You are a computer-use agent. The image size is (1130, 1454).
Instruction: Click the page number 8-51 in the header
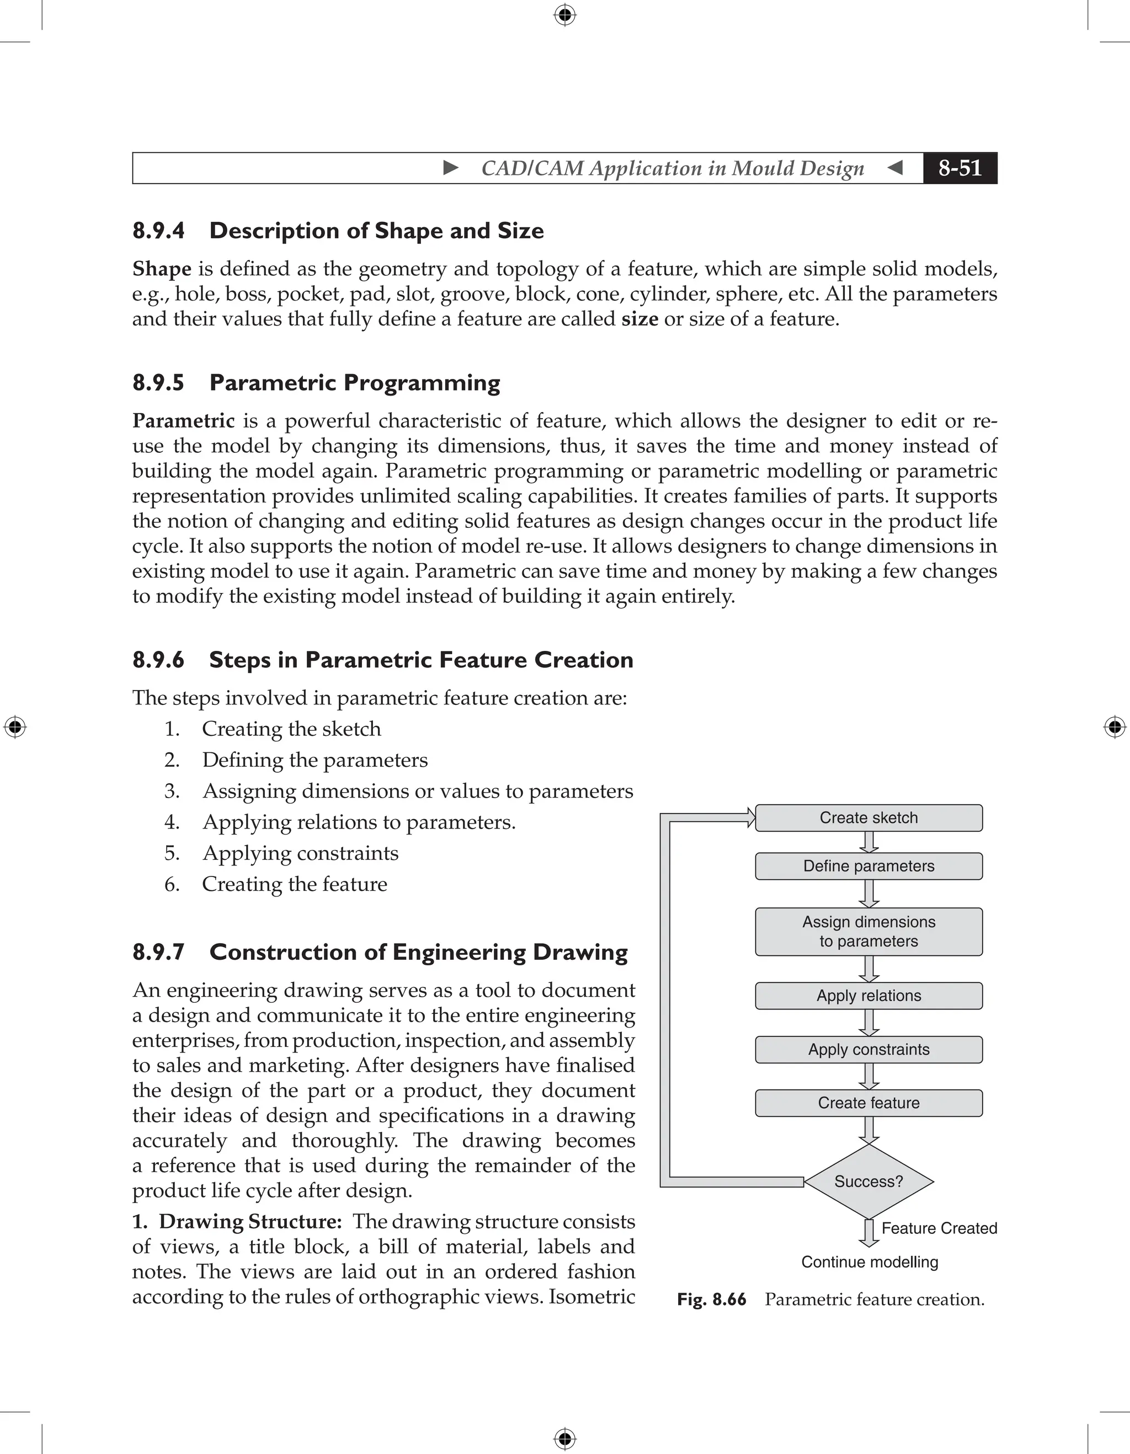pyautogui.click(x=960, y=168)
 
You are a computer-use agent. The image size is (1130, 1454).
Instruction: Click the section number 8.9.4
pyautogui.click(x=158, y=231)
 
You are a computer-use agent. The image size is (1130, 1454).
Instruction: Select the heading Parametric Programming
pyautogui.click(x=354, y=383)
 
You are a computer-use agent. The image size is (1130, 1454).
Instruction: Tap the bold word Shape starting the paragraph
pyautogui.click(x=162, y=269)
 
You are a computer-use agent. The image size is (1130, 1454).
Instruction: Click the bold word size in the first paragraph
pyautogui.click(x=639, y=319)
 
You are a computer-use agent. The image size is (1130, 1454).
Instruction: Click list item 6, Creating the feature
pyautogui.click(x=294, y=884)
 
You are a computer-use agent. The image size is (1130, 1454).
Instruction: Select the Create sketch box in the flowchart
pyautogui.click(x=868, y=817)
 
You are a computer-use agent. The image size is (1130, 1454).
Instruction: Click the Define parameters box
pyautogui.click(x=868, y=866)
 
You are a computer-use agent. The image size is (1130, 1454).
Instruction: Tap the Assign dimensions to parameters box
pyautogui.click(x=868, y=932)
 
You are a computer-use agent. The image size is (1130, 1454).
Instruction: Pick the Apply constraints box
pyautogui.click(x=868, y=1049)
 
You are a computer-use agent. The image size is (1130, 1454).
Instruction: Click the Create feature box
pyautogui.click(x=868, y=1103)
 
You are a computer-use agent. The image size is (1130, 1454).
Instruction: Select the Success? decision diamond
pyautogui.click(x=868, y=1181)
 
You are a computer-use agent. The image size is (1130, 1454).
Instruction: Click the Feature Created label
pyautogui.click(x=939, y=1228)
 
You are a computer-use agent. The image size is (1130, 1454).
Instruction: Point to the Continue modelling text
pyautogui.click(x=870, y=1262)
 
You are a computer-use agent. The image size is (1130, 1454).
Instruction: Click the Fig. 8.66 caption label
pyautogui.click(x=711, y=1300)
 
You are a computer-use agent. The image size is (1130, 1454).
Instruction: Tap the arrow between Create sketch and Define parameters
pyautogui.click(x=868, y=842)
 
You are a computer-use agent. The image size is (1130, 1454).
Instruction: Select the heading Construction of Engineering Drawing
pyautogui.click(x=418, y=952)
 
